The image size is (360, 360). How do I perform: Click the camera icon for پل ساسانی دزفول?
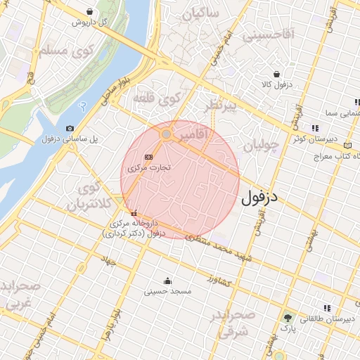pos(70,128)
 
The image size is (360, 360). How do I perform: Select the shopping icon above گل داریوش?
pos(91,12)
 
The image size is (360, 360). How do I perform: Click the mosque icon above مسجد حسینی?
pos(167,280)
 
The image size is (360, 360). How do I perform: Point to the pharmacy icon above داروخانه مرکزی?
pos(134,214)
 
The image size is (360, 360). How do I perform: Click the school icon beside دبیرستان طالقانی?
pos(327,308)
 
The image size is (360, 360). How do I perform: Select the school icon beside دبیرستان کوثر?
pos(315,128)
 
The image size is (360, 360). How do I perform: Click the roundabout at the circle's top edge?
pos(167,133)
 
